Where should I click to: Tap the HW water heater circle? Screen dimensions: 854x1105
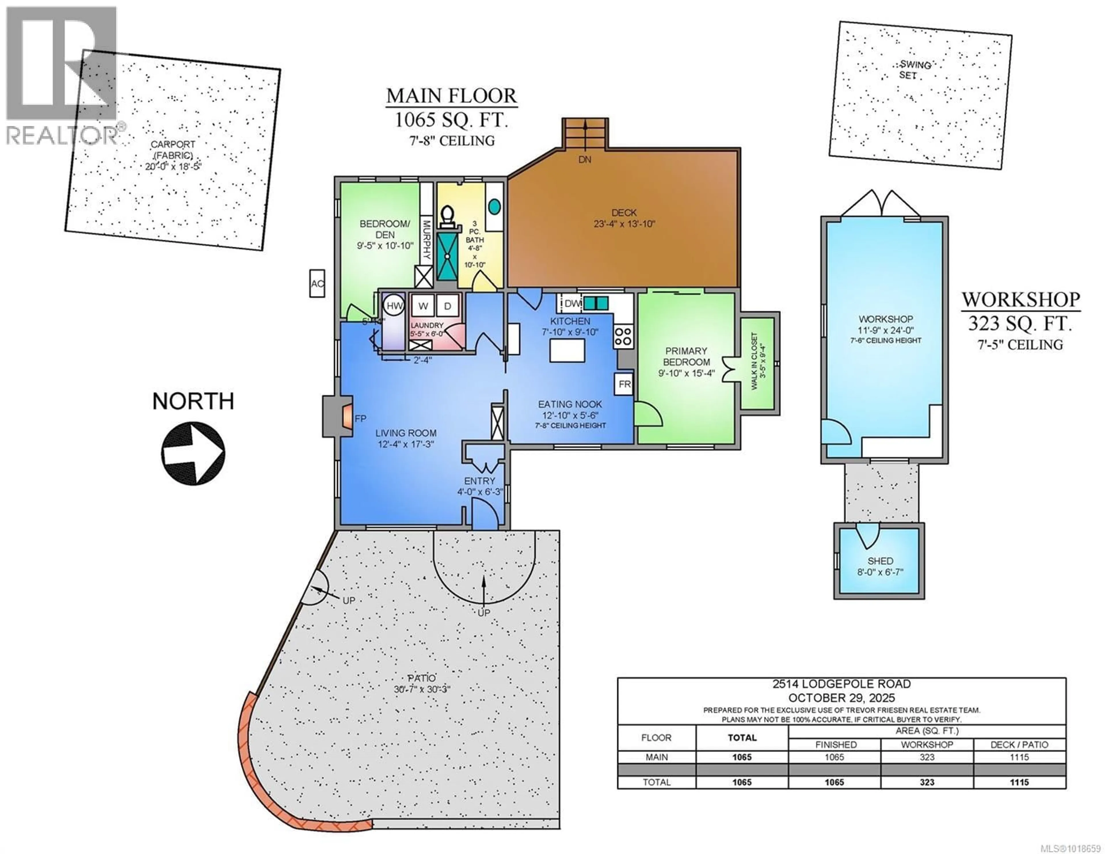pos(394,305)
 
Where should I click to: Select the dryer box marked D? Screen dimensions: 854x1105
pos(447,306)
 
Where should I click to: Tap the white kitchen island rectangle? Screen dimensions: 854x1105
pos(567,350)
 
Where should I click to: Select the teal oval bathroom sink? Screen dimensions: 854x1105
pos(494,206)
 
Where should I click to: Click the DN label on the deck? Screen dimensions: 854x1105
pos(585,159)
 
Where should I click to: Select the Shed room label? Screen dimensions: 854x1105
pos(880,561)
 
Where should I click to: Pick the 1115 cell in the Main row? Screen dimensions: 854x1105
pos(1019,757)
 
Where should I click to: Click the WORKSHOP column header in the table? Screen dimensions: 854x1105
pos(927,745)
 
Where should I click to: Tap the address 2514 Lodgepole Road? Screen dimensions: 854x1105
pos(841,684)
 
